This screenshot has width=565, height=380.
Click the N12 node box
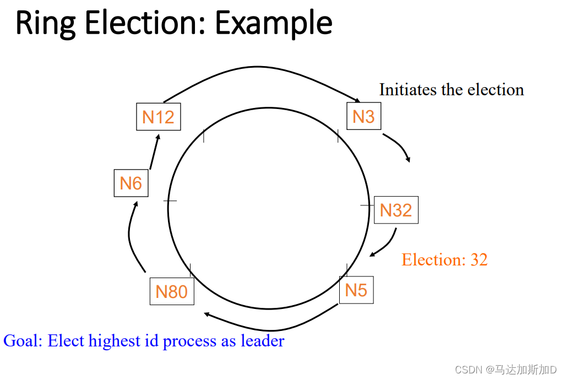[158, 116]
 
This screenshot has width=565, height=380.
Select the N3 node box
[363, 116]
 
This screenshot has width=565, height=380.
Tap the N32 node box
[396, 210]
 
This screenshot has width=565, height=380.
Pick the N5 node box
[356, 290]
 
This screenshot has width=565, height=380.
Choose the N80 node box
[172, 291]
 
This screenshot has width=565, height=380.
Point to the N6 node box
[131, 183]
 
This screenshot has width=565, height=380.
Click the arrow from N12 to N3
[259, 68]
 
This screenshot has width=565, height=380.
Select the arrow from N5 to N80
[270, 323]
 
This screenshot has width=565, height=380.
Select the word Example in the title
[273, 24]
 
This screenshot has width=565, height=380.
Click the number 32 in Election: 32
[479, 259]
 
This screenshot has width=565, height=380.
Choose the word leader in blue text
[263, 341]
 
